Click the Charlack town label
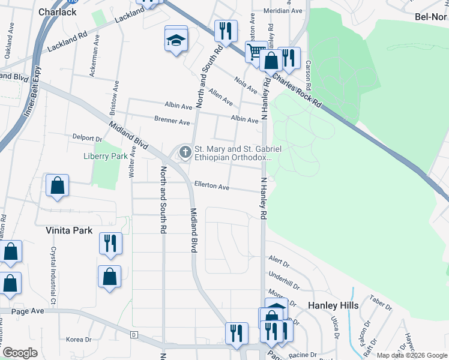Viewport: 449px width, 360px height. coord(57,11)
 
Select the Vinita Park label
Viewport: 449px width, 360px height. coord(69,230)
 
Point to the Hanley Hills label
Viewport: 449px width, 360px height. coord(333,305)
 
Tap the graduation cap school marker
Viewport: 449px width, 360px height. coord(176,40)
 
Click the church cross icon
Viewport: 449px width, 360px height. coord(185,152)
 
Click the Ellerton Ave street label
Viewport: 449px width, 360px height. coord(211,187)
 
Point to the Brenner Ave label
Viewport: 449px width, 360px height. coord(172,122)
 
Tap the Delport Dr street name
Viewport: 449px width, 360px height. coord(87,138)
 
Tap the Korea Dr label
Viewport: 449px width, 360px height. coord(79,339)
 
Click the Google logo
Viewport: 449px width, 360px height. coord(20,353)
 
